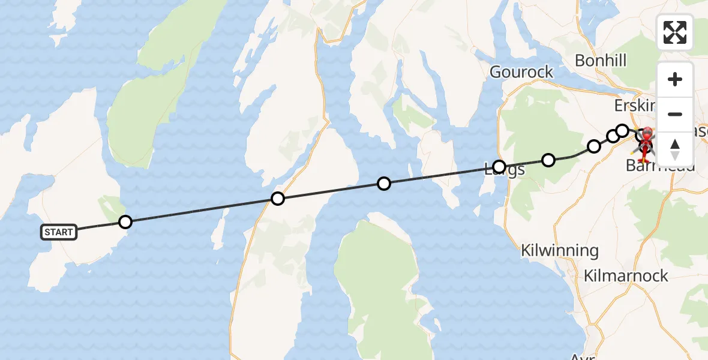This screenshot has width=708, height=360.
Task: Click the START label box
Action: pyautogui.click(x=59, y=232)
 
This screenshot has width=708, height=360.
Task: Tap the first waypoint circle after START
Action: pyautogui.click(x=125, y=222)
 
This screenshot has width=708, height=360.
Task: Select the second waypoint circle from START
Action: pyautogui.click(x=277, y=198)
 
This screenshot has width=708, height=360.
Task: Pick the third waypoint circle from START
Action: pyautogui.click(x=384, y=184)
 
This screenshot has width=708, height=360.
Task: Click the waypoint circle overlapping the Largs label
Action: pyautogui.click(x=499, y=166)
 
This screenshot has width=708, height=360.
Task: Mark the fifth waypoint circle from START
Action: pyautogui.click(x=548, y=160)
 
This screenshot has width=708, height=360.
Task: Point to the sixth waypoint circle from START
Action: pyautogui.click(x=594, y=146)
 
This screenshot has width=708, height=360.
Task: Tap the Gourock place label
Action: pyautogui.click(x=521, y=72)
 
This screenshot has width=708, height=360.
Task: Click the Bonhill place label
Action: pyautogui.click(x=600, y=60)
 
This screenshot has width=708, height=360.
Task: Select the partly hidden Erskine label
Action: pyautogui.click(x=635, y=106)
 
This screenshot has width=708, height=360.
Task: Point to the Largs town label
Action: pyautogui.click(x=508, y=170)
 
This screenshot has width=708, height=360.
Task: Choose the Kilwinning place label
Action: pyautogui.click(x=560, y=250)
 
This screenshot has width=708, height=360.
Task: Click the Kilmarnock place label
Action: pyautogui.click(x=626, y=276)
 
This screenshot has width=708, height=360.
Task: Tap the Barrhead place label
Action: pyautogui.click(x=660, y=166)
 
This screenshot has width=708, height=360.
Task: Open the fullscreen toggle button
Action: pyautogui.click(x=675, y=32)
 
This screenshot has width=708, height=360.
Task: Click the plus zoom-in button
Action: pyautogui.click(x=675, y=79)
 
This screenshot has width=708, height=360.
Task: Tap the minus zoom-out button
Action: pyautogui.click(x=675, y=114)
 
